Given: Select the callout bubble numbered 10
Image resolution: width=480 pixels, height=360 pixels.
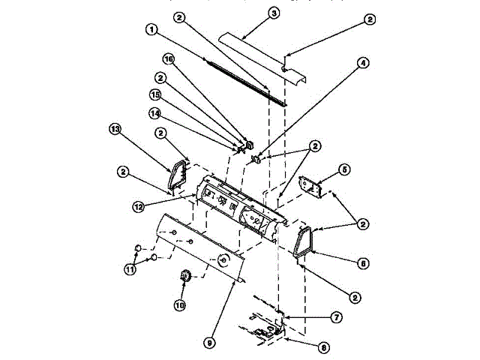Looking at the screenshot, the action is click(179, 304).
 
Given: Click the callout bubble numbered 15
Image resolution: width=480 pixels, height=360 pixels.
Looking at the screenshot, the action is click(155, 95).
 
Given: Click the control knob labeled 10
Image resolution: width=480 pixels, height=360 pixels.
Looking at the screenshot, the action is click(183, 280).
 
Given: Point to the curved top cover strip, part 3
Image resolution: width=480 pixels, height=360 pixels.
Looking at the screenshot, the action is click(262, 55).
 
